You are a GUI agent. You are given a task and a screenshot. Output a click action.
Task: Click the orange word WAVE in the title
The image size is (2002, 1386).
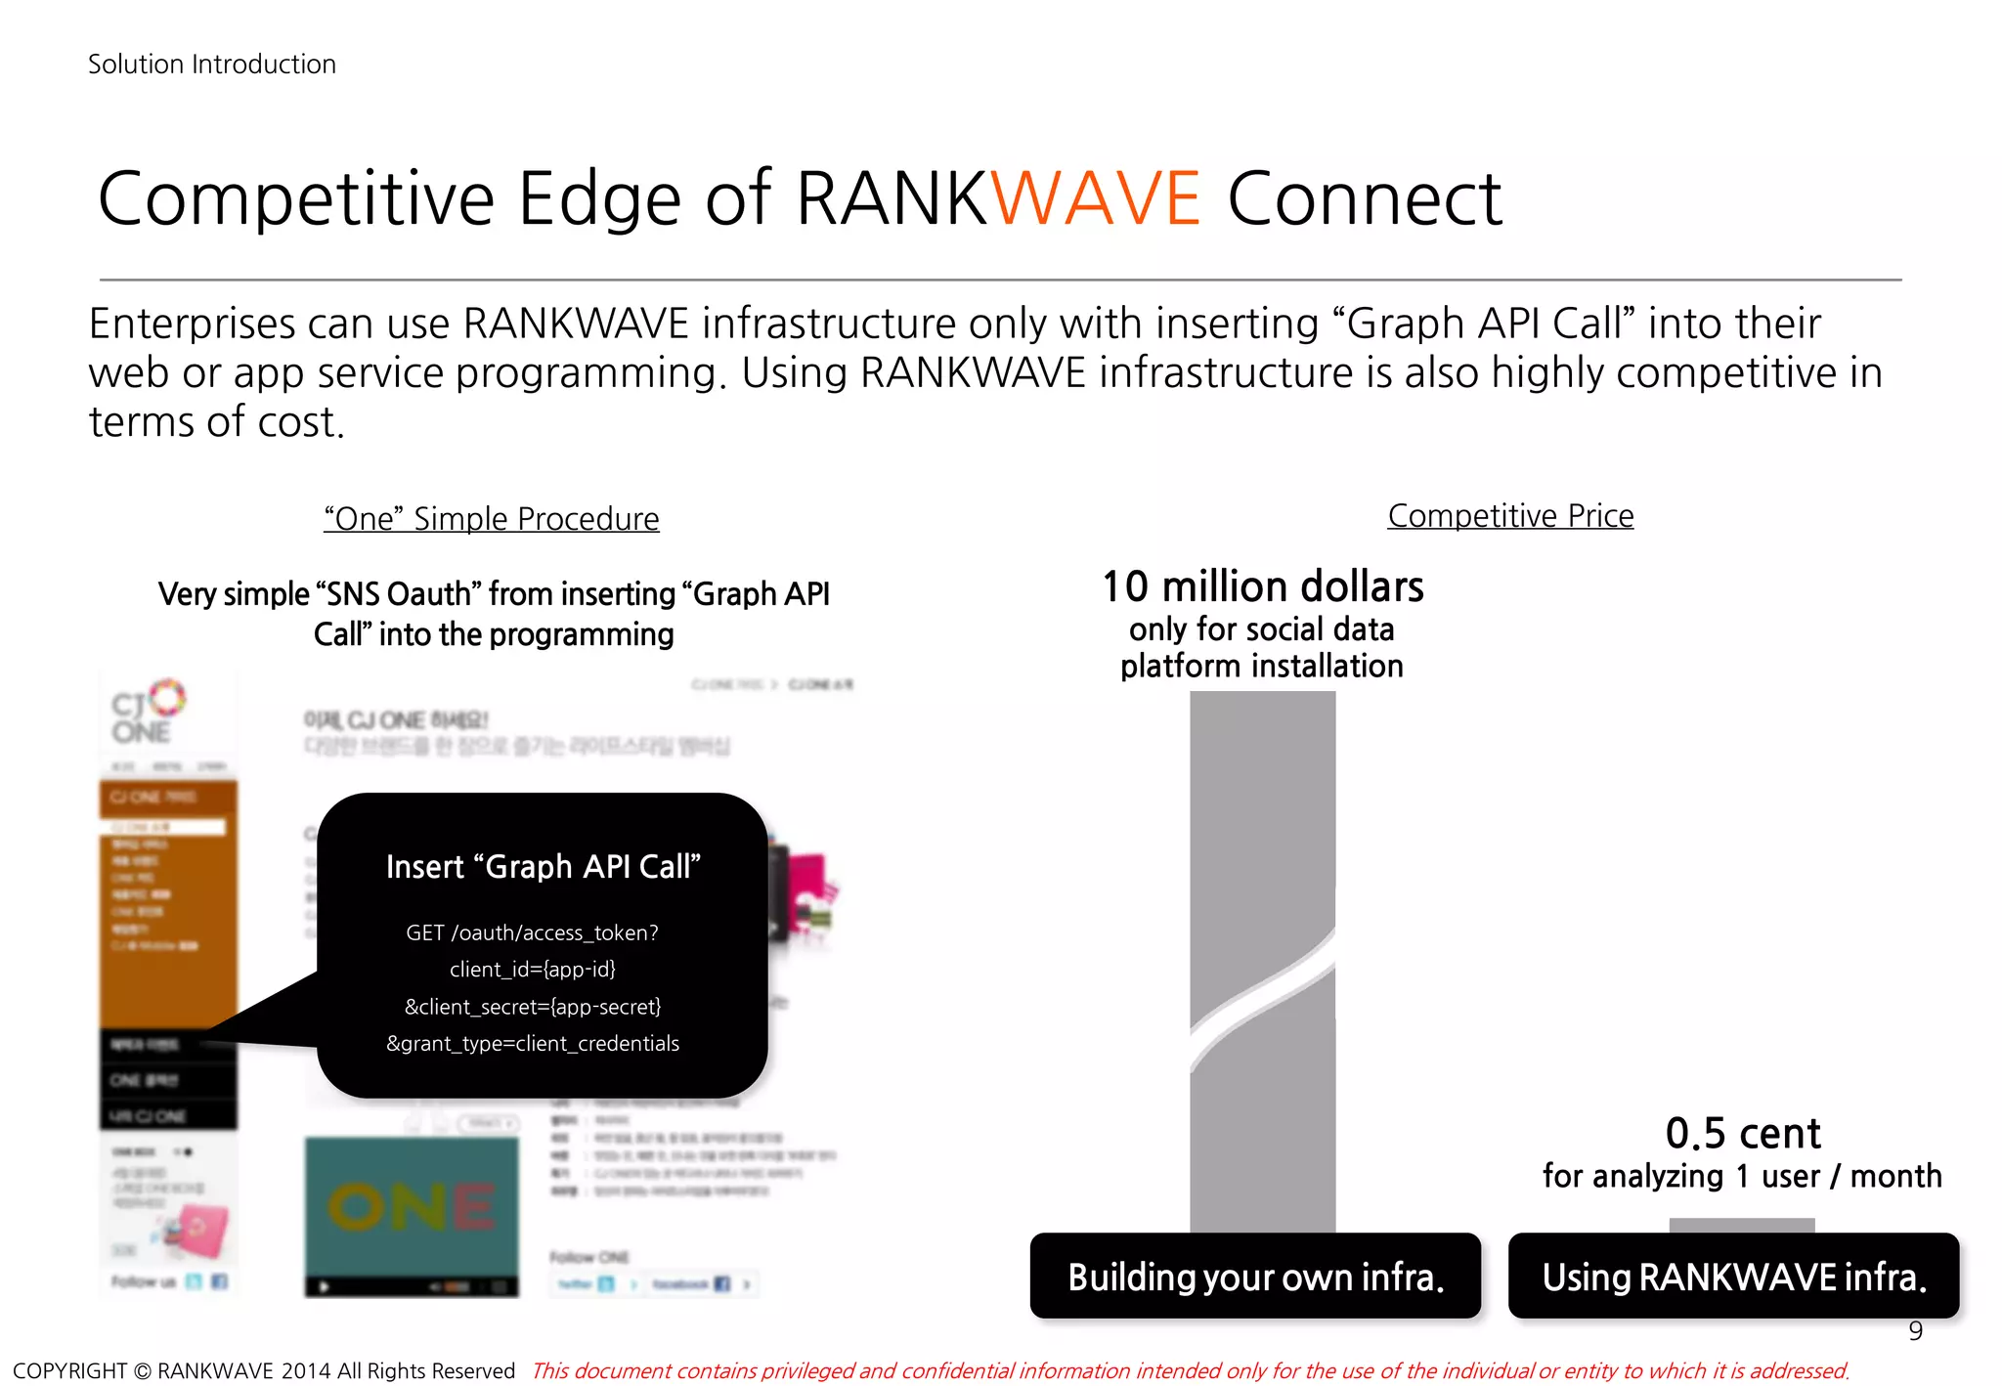click(x=1096, y=199)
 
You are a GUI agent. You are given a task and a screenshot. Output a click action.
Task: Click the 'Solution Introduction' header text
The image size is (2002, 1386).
click(x=212, y=65)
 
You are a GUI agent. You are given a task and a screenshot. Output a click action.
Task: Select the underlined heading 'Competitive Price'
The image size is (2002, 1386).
click(x=1510, y=515)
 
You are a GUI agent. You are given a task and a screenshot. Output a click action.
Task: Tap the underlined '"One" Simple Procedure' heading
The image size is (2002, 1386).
click(x=492, y=518)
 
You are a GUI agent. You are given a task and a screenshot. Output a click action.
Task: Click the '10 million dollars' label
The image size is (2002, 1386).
click(x=1262, y=586)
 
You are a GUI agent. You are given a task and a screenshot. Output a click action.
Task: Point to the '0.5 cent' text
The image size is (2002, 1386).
click(x=1743, y=1134)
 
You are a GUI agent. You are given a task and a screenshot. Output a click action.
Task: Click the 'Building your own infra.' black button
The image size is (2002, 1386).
click(x=1255, y=1277)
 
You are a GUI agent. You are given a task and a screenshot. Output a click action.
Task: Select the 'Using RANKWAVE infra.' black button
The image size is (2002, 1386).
click(x=1733, y=1277)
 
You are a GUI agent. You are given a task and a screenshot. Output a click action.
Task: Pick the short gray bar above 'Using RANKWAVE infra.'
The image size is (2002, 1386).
click(x=1741, y=1225)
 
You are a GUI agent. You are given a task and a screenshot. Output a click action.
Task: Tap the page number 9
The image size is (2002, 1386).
click(x=1915, y=1330)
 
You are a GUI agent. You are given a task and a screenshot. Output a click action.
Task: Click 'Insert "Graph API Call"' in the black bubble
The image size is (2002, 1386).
click(x=544, y=867)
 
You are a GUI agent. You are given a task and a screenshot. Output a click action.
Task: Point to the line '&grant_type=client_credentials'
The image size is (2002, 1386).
click(x=533, y=1044)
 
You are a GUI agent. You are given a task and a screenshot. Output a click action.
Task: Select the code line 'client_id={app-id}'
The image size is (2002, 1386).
click(x=533, y=970)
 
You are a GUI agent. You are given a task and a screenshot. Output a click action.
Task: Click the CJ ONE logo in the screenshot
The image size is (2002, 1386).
click(x=148, y=713)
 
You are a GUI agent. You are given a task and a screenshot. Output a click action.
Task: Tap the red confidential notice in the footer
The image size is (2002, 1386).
click(x=1190, y=1370)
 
